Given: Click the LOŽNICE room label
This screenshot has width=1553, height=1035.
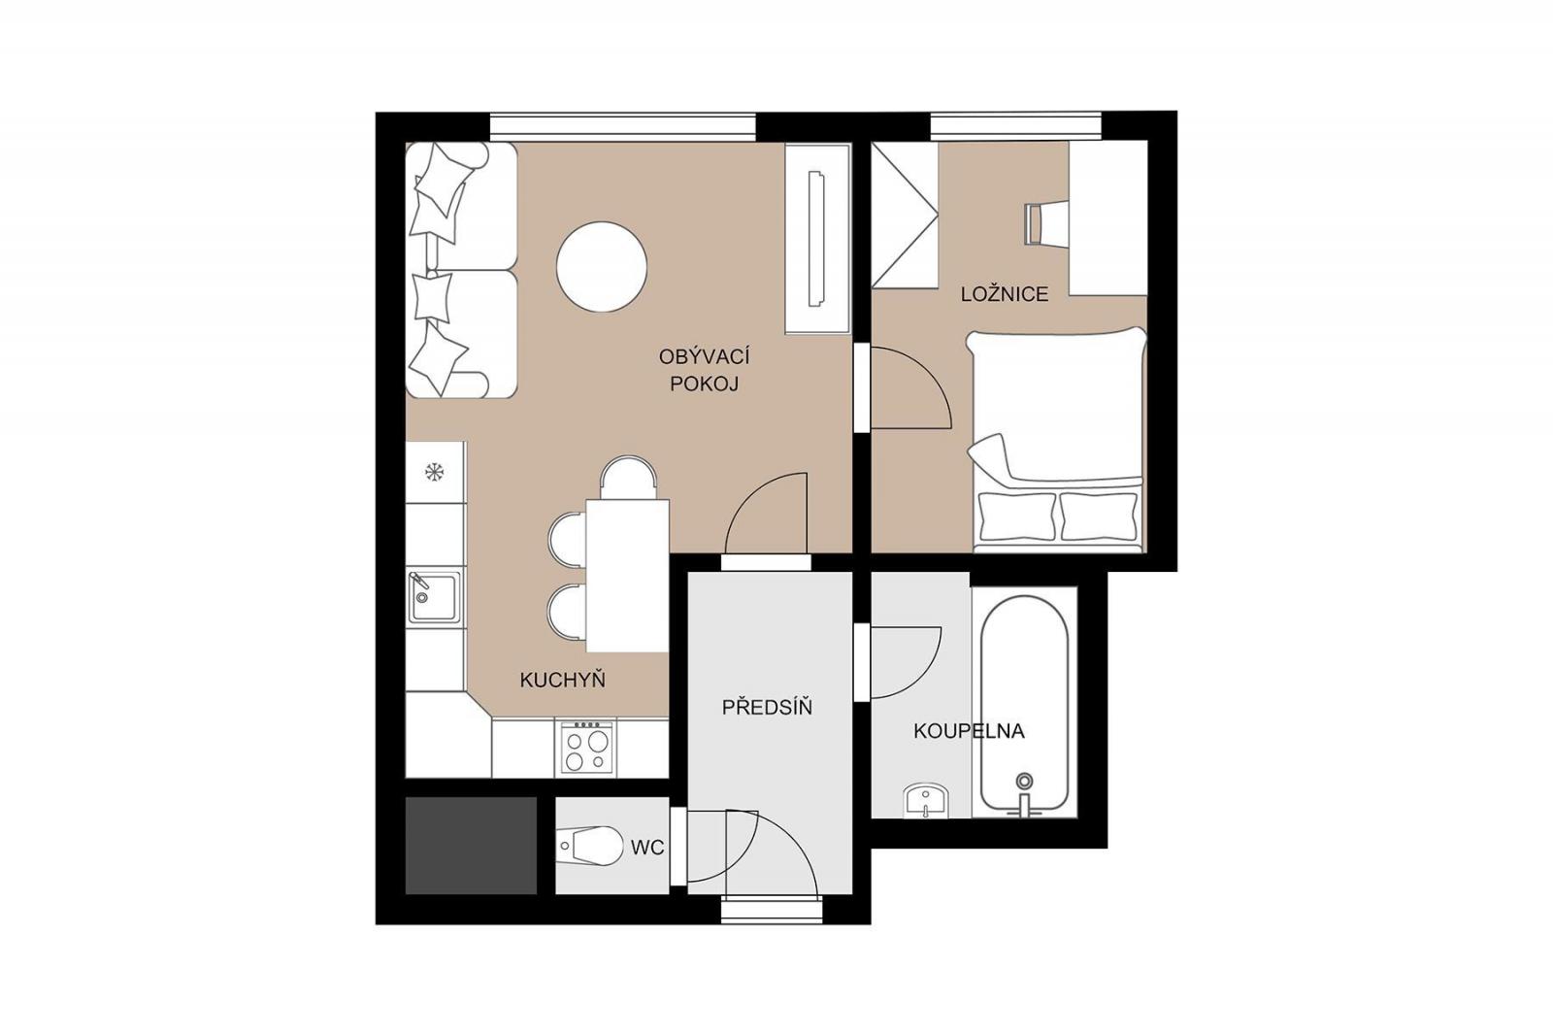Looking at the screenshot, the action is coord(1004,294).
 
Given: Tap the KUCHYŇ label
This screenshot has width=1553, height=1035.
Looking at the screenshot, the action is coord(562,679).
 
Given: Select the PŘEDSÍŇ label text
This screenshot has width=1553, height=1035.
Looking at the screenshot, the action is coord(767,707).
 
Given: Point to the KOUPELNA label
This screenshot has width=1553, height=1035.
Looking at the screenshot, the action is coord(969,730).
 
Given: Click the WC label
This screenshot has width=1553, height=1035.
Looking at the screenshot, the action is coord(646,847).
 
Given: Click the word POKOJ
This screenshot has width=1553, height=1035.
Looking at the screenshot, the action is coord(704,384).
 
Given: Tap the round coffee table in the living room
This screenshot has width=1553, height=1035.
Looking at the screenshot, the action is coord(602,266).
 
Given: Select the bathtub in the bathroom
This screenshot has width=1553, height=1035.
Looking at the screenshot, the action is coord(1025,703).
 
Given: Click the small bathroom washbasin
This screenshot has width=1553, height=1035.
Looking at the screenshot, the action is coord(926,801).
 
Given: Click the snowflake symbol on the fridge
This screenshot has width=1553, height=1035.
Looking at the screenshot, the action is coord(434,473).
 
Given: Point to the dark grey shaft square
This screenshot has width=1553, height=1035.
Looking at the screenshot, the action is coord(471,846).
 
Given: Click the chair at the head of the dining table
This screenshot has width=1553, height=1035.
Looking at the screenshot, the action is coord(628,478).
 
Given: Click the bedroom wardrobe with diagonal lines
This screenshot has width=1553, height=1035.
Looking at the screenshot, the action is coord(905,215).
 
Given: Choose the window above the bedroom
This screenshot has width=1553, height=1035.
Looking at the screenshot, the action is coord(1015,125).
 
